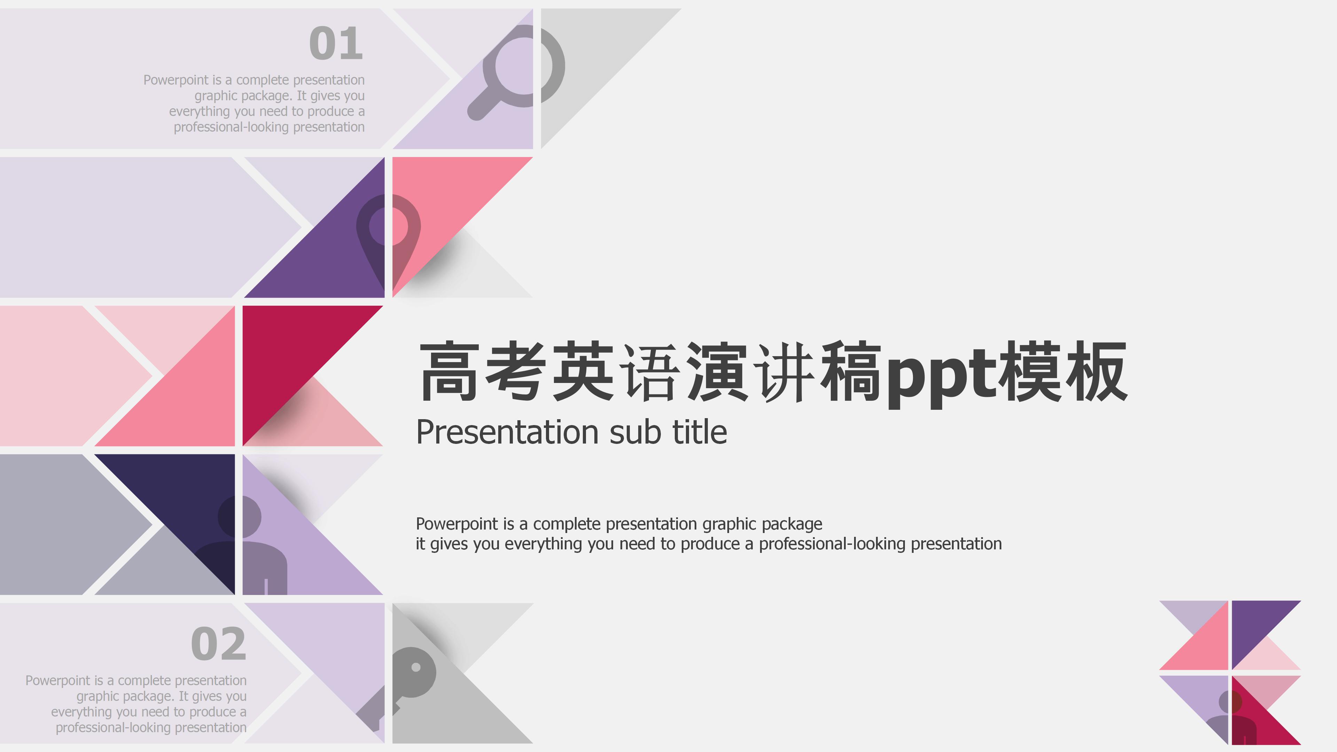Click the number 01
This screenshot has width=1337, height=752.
click(x=336, y=44)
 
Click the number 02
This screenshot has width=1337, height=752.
click(x=219, y=644)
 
